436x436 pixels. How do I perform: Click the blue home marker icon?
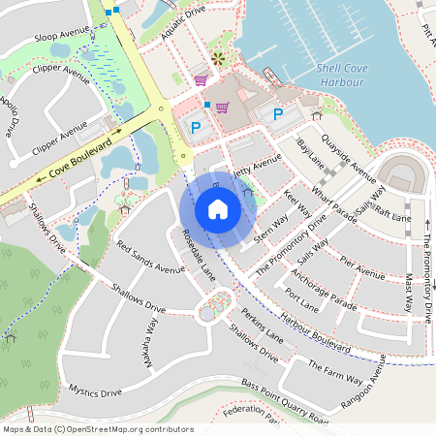[x=218, y=209]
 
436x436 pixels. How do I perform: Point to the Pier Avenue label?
[x=363, y=265]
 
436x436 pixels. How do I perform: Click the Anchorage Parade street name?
[x=323, y=287]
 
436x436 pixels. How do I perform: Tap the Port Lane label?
[x=302, y=303]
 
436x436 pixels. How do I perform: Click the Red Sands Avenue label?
[x=150, y=257]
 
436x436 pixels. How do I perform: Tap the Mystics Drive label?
[x=95, y=391]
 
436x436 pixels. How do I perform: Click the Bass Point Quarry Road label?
[x=286, y=402]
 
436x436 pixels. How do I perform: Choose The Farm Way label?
[x=335, y=368]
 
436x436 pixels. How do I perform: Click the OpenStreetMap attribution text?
[x=98, y=429]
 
